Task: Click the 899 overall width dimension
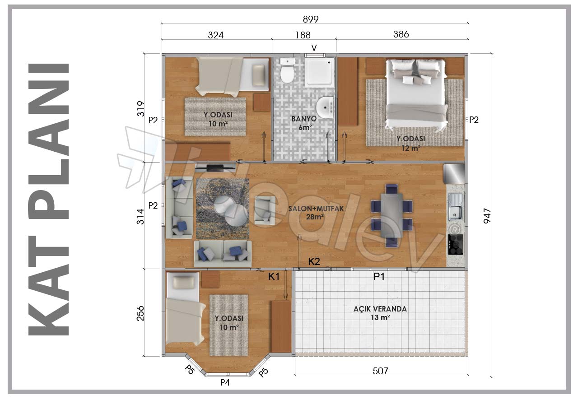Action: click(x=311, y=19)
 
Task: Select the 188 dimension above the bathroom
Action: click(x=303, y=35)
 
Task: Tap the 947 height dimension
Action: click(x=487, y=216)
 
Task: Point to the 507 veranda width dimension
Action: click(x=380, y=371)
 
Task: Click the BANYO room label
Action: click(x=304, y=119)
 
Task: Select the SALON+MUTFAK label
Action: click(x=316, y=209)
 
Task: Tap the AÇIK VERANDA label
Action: click(x=380, y=309)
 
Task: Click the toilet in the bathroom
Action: click(x=288, y=71)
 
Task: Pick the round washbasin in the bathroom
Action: click(x=325, y=108)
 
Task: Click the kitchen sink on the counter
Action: click(x=456, y=207)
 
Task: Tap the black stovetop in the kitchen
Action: click(x=456, y=244)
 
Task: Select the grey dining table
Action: click(x=392, y=215)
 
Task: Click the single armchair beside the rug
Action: click(x=265, y=210)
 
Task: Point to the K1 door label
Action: click(x=274, y=277)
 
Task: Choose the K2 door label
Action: click(x=314, y=262)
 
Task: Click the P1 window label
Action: click(x=379, y=277)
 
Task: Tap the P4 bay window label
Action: click(x=225, y=382)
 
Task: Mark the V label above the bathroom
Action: click(x=314, y=48)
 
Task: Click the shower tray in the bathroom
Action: click(x=319, y=72)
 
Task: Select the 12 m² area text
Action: click(x=411, y=148)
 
